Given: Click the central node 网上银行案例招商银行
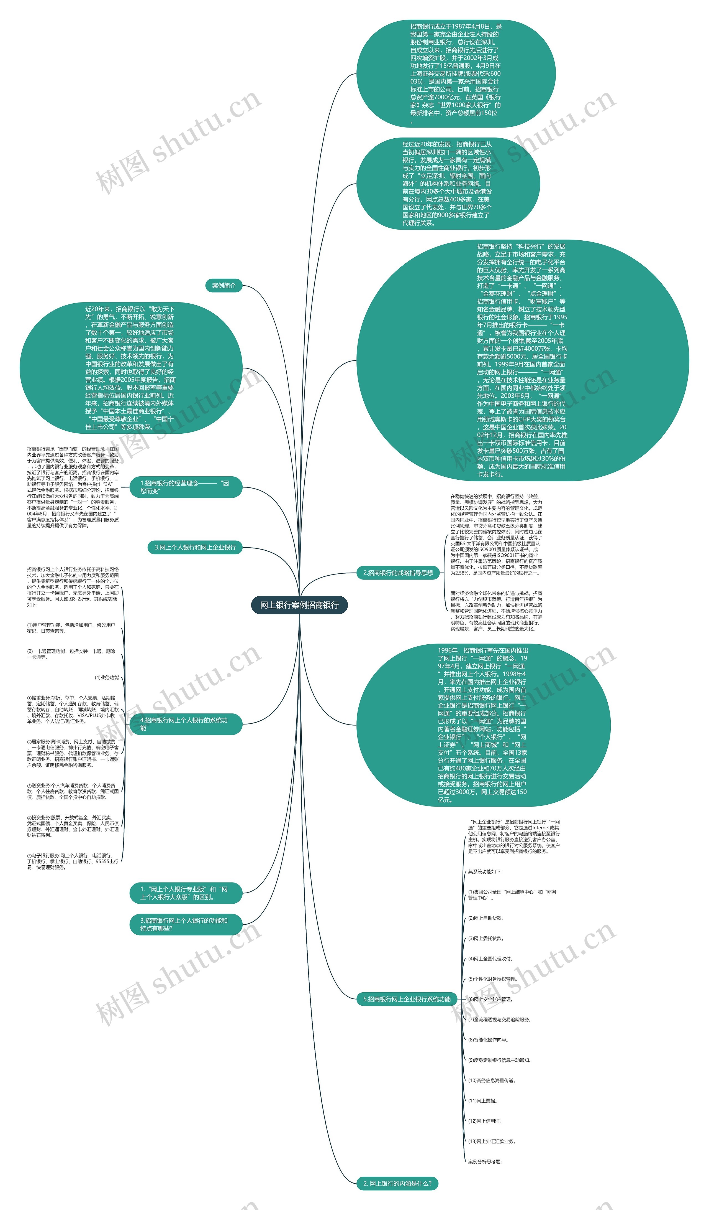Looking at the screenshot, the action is (x=299, y=605).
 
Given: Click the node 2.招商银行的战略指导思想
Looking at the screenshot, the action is (x=398, y=573).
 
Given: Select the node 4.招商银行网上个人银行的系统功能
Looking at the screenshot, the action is (x=186, y=724).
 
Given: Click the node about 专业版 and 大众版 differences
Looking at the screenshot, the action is (x=186, y=893).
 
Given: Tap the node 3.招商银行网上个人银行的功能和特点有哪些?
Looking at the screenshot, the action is (x=186, y=924).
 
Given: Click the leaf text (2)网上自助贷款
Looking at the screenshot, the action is (x=486, y=918).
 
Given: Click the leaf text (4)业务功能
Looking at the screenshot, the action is (x=107, y=677).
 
